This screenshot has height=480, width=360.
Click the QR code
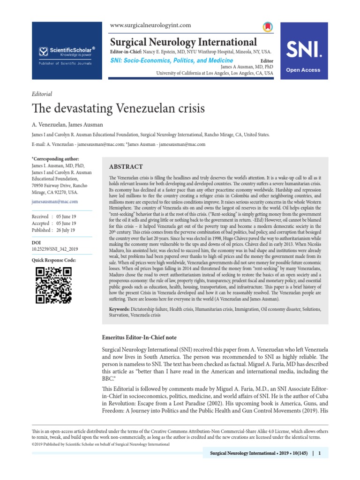tap(53, 285)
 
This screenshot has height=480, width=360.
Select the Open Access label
tap(304, 70)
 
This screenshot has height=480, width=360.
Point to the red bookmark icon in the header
tap(267, 26)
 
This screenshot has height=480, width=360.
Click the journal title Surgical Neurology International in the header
tap(183, 42)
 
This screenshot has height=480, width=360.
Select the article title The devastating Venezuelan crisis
tap(118, 109)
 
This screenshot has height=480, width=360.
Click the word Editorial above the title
tap(42, 94)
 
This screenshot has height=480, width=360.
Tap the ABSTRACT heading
tap(126, 167)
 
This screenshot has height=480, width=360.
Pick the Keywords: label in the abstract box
tap(119, 309)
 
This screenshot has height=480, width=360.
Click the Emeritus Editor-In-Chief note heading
tap(139, 337)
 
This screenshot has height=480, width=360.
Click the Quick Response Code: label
tap(53, 260)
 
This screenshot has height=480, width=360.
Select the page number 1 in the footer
tap(319, 453)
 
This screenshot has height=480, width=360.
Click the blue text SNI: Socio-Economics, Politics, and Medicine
tap(171, 60)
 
